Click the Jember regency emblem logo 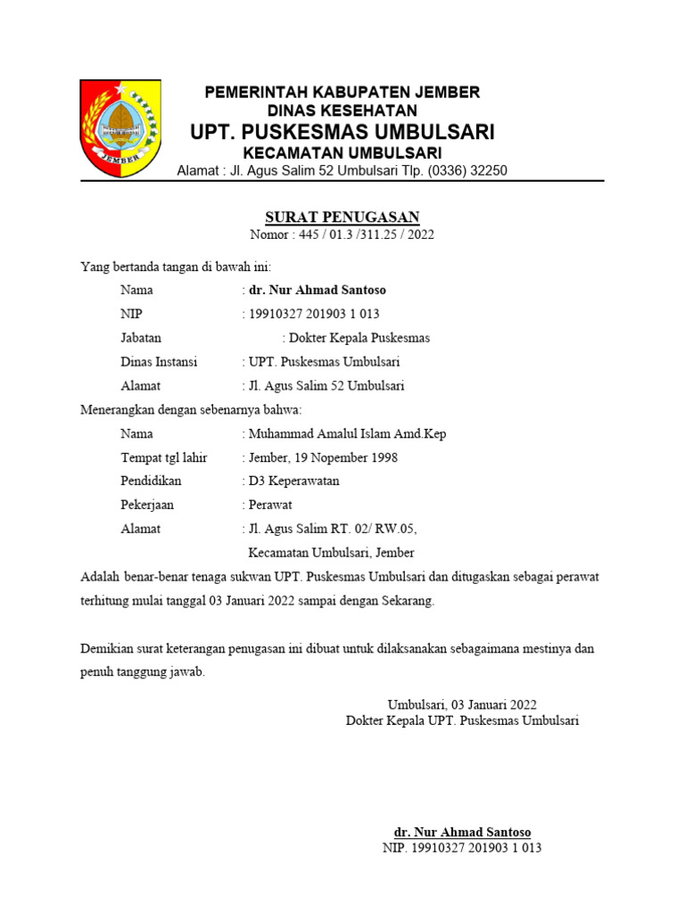click(x=120, y=127)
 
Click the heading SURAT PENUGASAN click(x=342, y=218)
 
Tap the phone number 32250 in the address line click(x=486, y=170)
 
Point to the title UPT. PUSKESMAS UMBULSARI click(x=342, y=133)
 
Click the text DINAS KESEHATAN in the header click(x=342, y=111)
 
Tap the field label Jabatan click(x=141, y=338)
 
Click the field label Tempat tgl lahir click(x=164, y=457)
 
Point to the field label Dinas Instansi click(x=159, y=362)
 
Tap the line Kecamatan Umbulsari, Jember click(x=331, y=552)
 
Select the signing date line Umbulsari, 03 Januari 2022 click(x=462, y=703)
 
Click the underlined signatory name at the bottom click(x=462, y=832)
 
